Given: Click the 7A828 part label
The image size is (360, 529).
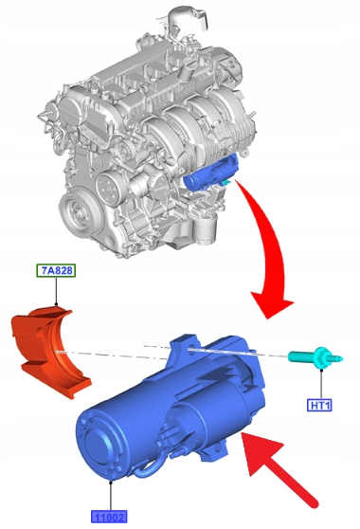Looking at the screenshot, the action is coord(56,270).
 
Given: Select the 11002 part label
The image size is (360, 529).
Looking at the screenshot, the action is coord(109,517).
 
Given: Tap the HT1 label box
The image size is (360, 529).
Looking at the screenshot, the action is coord(319,405).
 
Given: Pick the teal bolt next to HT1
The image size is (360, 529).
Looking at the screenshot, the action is coord(315,358).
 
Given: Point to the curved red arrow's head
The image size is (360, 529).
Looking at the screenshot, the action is coord(272,303).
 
